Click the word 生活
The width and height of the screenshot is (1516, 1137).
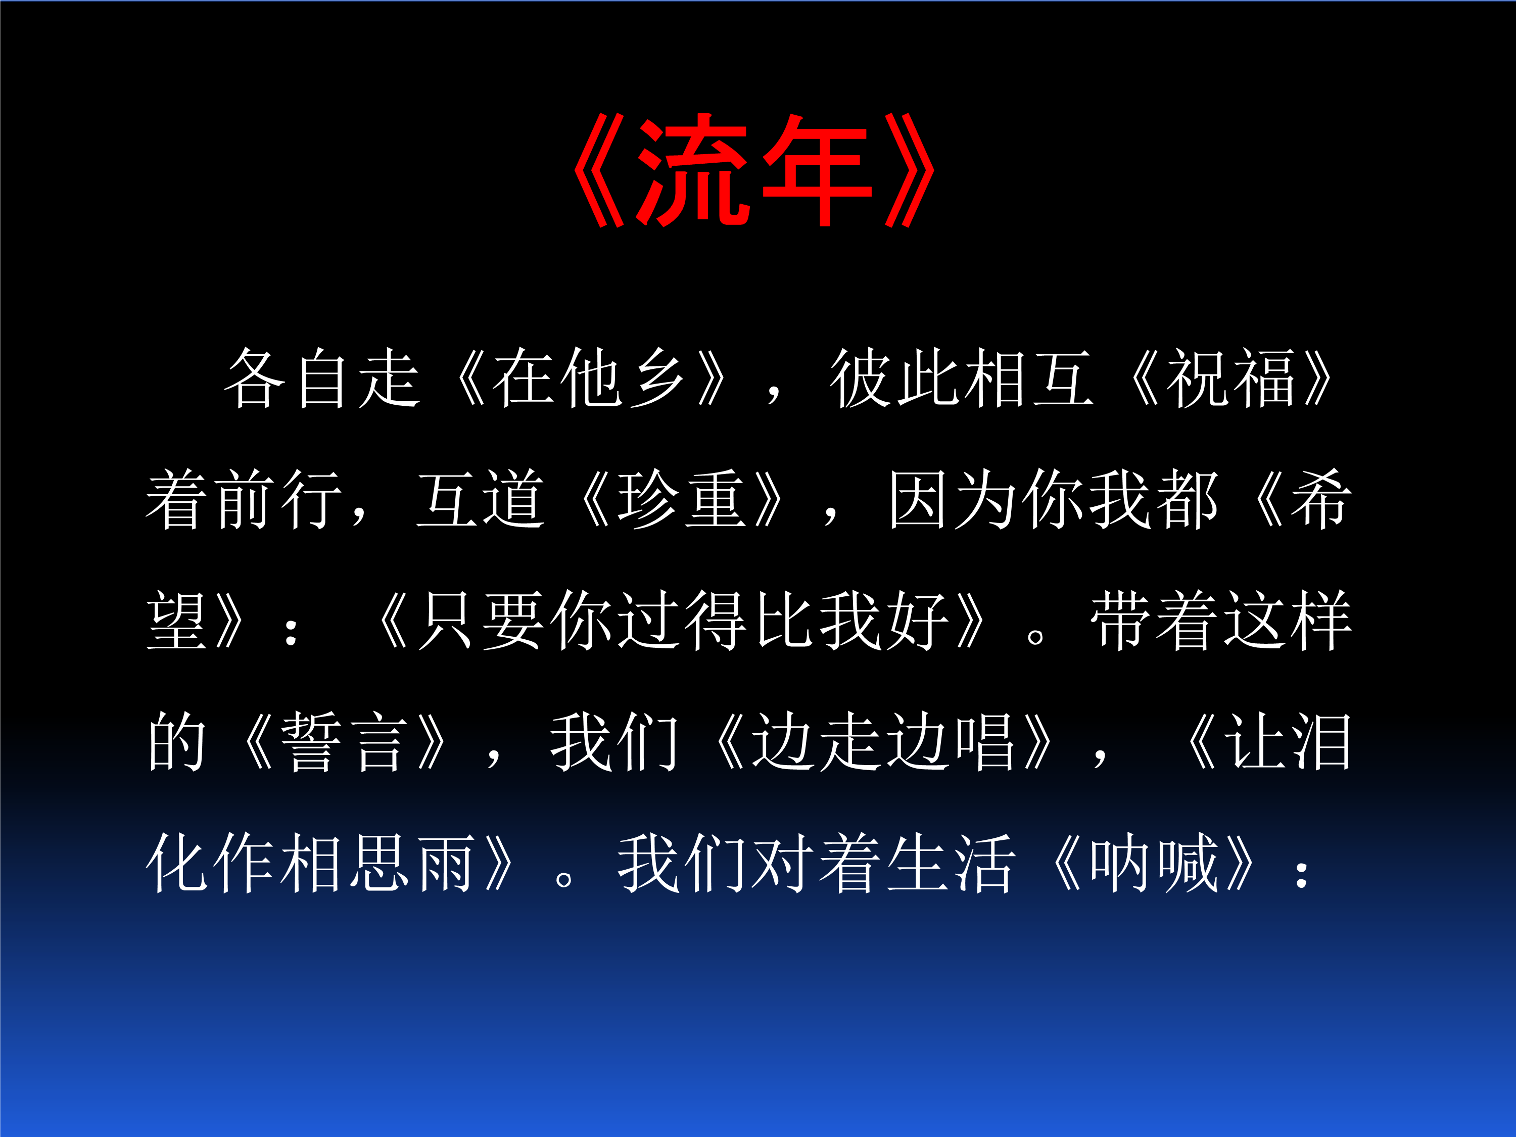coord(951,864)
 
